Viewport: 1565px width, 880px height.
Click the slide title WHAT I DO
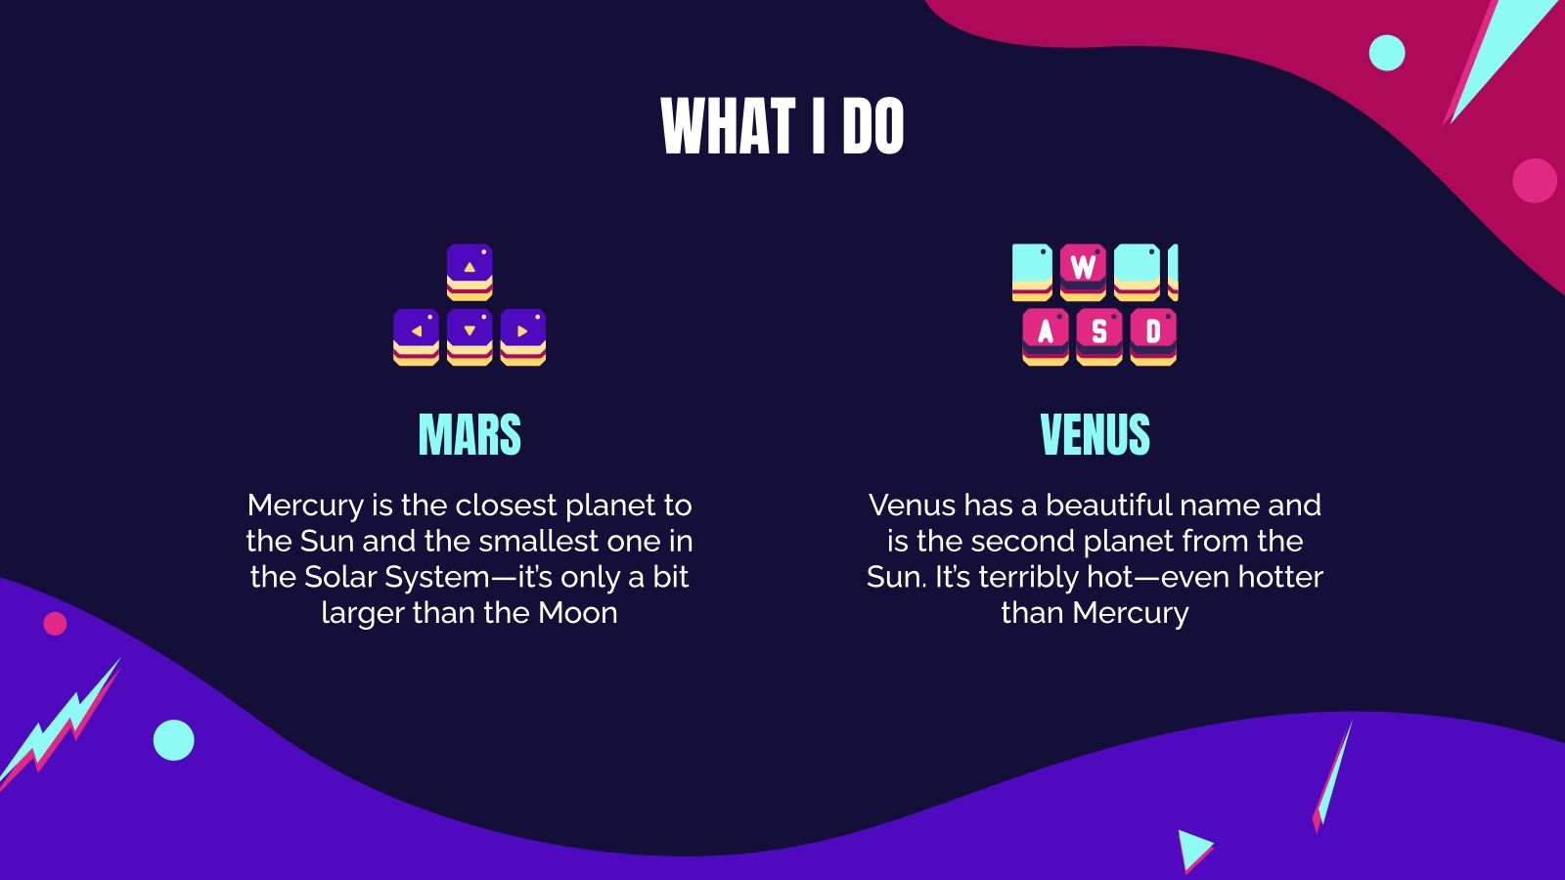(782, 126)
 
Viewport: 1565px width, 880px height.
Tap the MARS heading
(469, 435)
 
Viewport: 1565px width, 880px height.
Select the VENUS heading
(1095, 435)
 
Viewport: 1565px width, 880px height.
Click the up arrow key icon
(469, 271)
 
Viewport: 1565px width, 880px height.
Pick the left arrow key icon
(416, 336)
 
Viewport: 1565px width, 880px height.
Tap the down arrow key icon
(469, 336)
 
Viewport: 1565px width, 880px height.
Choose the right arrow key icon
(523, 336)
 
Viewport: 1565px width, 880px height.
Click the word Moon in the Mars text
(577, 613)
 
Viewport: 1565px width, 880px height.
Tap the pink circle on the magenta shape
(1534, 181)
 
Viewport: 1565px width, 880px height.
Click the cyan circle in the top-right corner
(1386, 53)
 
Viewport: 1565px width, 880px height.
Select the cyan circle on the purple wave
(174, 740)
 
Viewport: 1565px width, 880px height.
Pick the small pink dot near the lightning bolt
(55, 623)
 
